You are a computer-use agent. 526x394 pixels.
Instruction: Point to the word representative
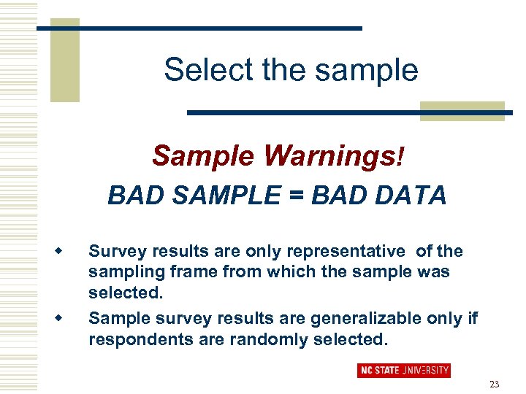(x=346, y=252)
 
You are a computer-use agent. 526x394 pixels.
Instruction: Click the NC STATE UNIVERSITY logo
(x=403, y=371)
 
